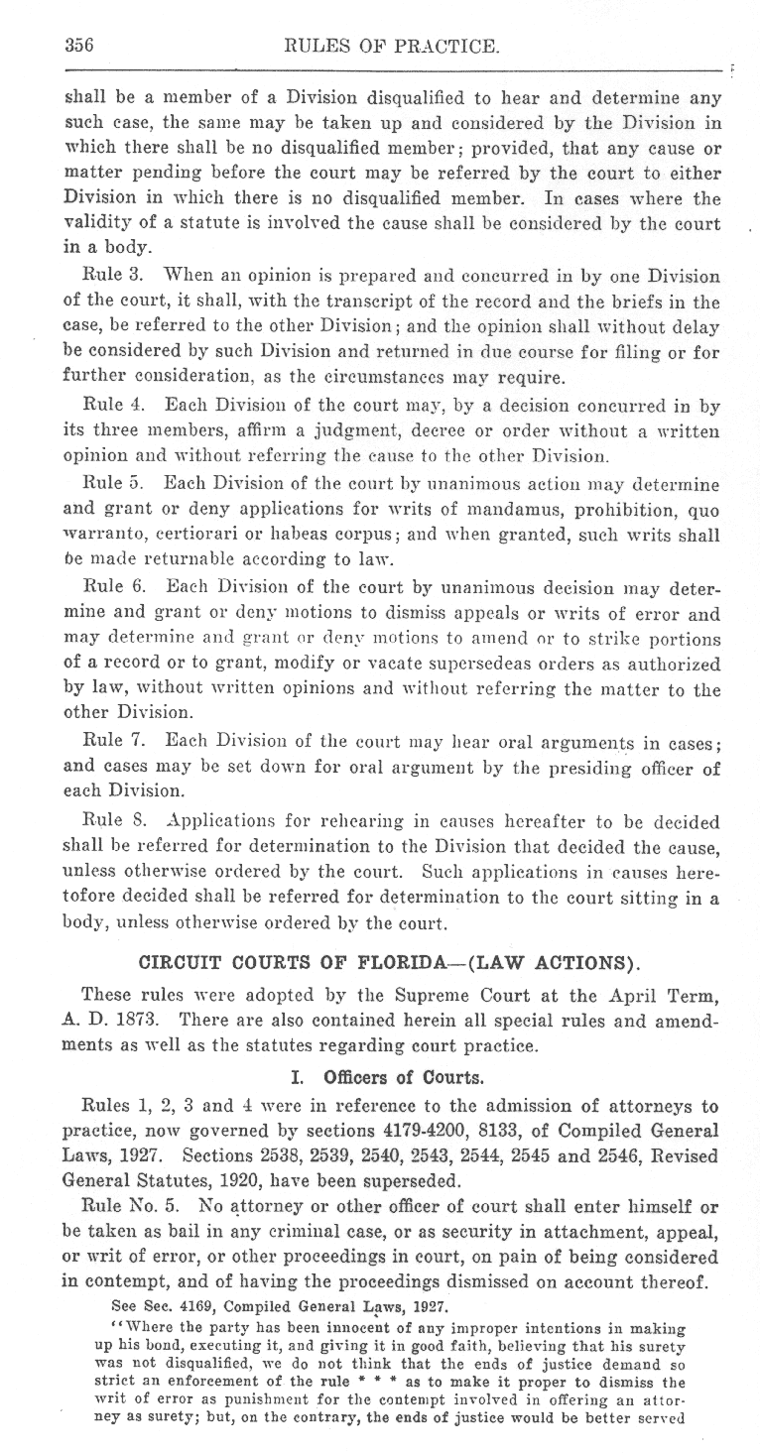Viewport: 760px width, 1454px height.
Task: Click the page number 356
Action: point(78,45)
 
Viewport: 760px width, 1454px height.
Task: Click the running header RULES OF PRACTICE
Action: point(391,45)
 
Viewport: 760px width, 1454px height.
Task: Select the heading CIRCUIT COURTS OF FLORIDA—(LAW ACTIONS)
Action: point(391,960)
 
